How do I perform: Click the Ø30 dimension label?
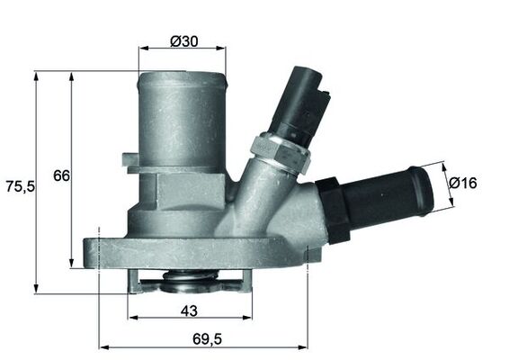tap(183, 40)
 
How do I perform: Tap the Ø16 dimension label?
tap(462, 183)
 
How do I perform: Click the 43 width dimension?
tap(189, 310)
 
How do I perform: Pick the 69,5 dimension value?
tap(206, 339)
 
